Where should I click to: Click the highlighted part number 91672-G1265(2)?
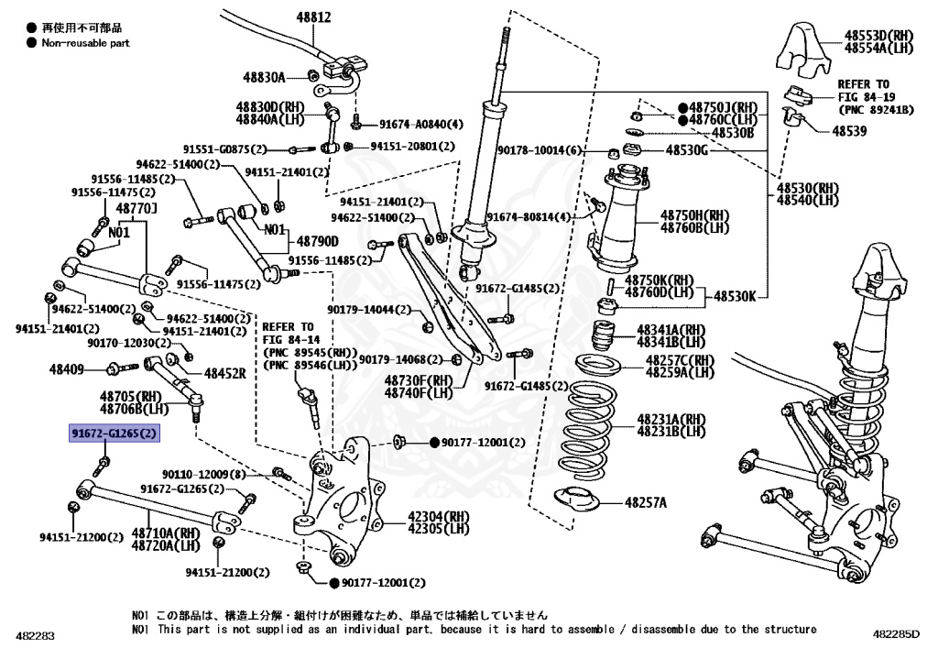tap(115, 433)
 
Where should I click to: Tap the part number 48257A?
tap(646, 502)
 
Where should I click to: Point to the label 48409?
tap(67, 369)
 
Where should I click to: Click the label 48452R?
tap(224, 374)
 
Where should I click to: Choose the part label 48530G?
tap(687, 149)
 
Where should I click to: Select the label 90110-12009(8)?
tap(204, 474)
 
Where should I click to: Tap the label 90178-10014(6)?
tap(540, 150)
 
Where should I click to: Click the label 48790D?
tap(317, 241)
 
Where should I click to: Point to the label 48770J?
tap(136, 209)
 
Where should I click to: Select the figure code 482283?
tap(35, 634)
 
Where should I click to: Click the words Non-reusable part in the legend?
tap(86, 42)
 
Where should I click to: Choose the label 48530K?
tap(736, 296)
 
